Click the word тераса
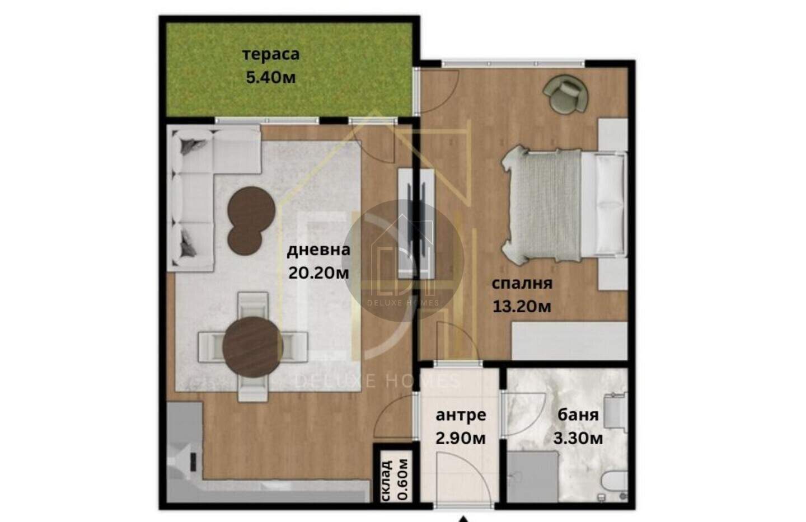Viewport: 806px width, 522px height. (x=271, y=55)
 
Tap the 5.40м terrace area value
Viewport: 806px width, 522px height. (x=270, y=77)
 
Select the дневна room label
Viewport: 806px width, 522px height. (x=318, y=250)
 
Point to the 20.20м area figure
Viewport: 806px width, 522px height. (x=318, y=273)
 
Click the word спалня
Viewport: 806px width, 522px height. (x=522, y=284)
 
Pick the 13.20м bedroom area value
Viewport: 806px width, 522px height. (x=522, y=307)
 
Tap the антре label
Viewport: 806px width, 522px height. (x=461, y=415)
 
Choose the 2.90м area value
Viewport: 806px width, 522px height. (x=461, y=438)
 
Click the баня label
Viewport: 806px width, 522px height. (x=578, y=415)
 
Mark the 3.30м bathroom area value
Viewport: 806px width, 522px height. (x=578, y=438)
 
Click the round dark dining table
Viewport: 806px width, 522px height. (x=252, y=347)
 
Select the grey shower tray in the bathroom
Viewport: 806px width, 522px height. (x=532, y=477)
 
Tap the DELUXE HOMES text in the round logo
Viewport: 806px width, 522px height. (x=403, y=303)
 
